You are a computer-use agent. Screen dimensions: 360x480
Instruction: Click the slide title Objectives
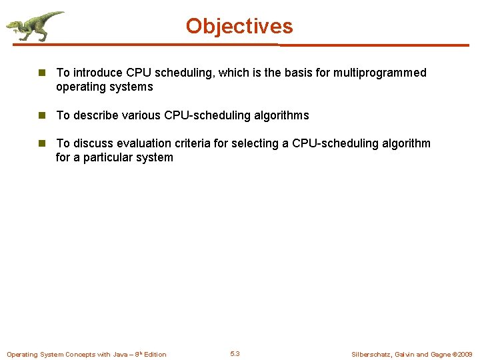coord(239,26)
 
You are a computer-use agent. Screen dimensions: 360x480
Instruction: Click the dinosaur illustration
coord(35,26)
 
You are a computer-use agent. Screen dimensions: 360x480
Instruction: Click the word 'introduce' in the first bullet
coord(97,73)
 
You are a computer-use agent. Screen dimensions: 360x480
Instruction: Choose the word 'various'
coord(139,115)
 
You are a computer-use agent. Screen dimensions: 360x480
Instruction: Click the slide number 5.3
coord(235,354)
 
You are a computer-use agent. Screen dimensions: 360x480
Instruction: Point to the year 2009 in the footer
coord(465,355)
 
